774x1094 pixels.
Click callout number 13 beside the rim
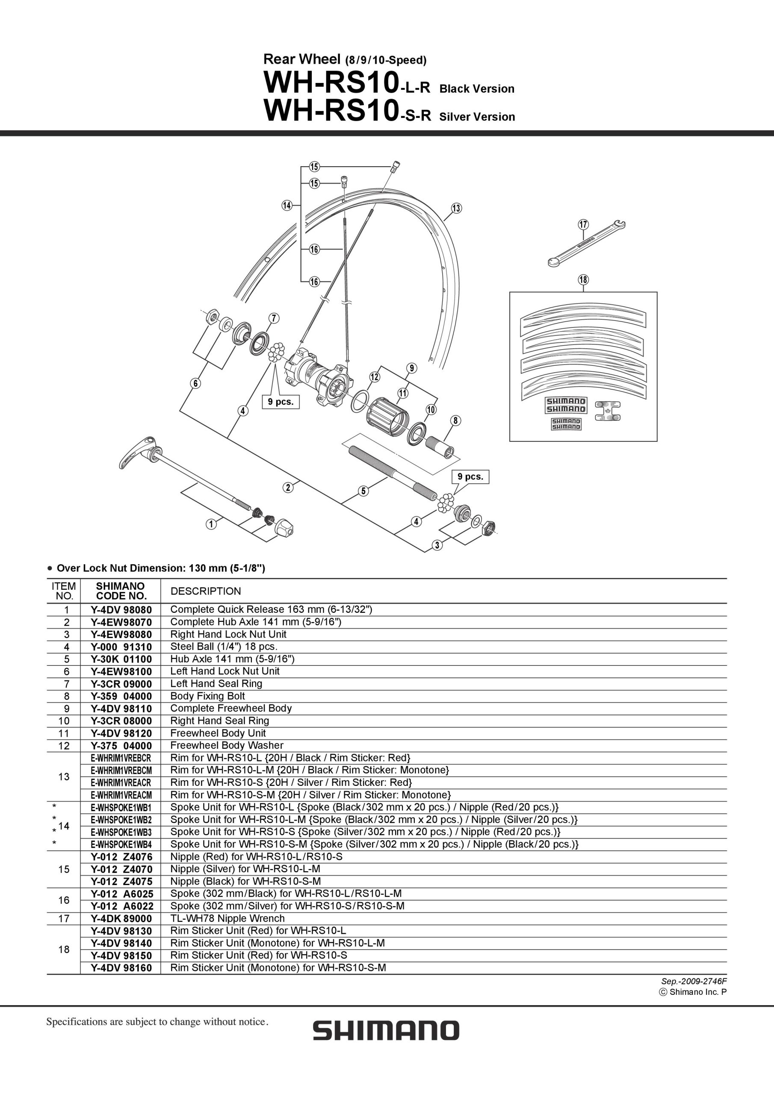pyautogui.click(x=456, y=208)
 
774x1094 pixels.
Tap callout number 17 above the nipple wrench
pyautogui.click(x=583, y=224)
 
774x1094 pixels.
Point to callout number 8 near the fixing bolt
pyautogui.click(x=456, y=420)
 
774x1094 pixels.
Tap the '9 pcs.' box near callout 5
pyautogui.click(x=470, y=476)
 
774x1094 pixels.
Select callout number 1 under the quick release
pyautogui.click(x=211, y=524)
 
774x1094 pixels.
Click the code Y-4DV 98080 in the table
pyautogui.click(x=121, y=609)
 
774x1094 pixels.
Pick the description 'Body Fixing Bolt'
pyautogui.click(x=207, y=696)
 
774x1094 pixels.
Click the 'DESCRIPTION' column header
pyautogui.click(x=206, y=591)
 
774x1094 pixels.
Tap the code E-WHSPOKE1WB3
pyautogui.click(x=121, y=832)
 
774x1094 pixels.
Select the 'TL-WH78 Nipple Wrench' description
pyautogui.click(x=227, y=919)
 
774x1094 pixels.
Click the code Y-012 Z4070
pyautogui.click(x=121, y=869)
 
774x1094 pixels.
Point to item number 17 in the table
pyautogui.click(x=64, y=919)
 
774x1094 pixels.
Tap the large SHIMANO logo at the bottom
pyautogui.click(x=386, y=1030)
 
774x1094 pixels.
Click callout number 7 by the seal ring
pyautogui.click(x=273, y=318)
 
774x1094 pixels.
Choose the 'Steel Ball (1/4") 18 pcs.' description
pyautogui.click(x=224, y=647)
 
